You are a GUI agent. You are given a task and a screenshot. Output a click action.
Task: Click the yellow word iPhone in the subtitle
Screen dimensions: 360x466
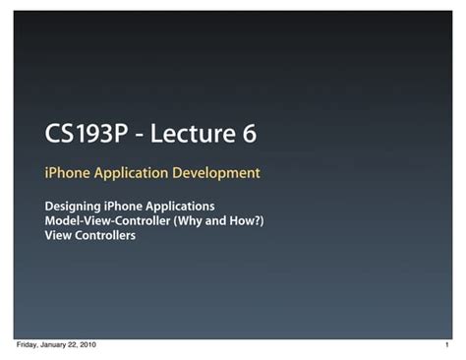point(67,173)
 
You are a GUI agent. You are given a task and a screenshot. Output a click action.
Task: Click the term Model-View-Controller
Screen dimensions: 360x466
point(108,221)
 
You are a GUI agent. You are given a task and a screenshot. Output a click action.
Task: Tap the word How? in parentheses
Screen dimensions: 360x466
point(244,221)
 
